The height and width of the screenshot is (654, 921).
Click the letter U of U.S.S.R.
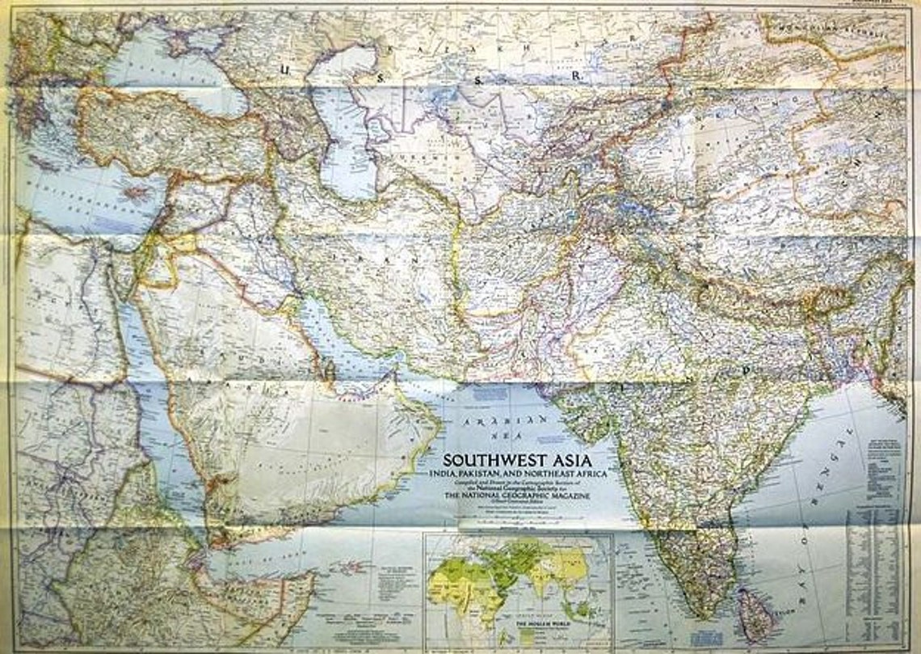click(284, 70)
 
